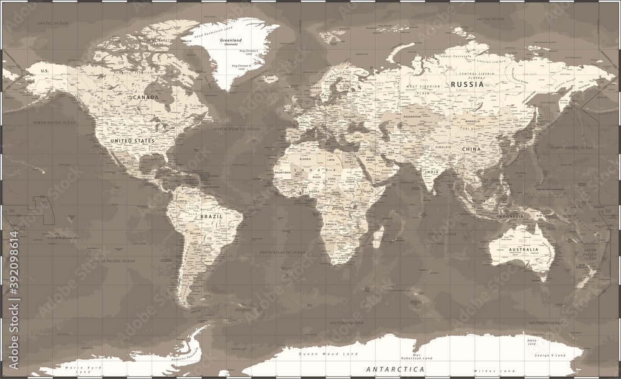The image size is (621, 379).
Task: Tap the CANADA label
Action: [x=143, y=97]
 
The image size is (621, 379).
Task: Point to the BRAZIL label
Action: [x=211, y=216]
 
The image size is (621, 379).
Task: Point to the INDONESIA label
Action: [x=510, y=216]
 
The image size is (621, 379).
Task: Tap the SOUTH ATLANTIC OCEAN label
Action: [x=283, y=252]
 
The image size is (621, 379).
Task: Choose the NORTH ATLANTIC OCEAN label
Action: [x=238, y=129]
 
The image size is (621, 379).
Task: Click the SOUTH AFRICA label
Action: [x=340, y=258]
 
